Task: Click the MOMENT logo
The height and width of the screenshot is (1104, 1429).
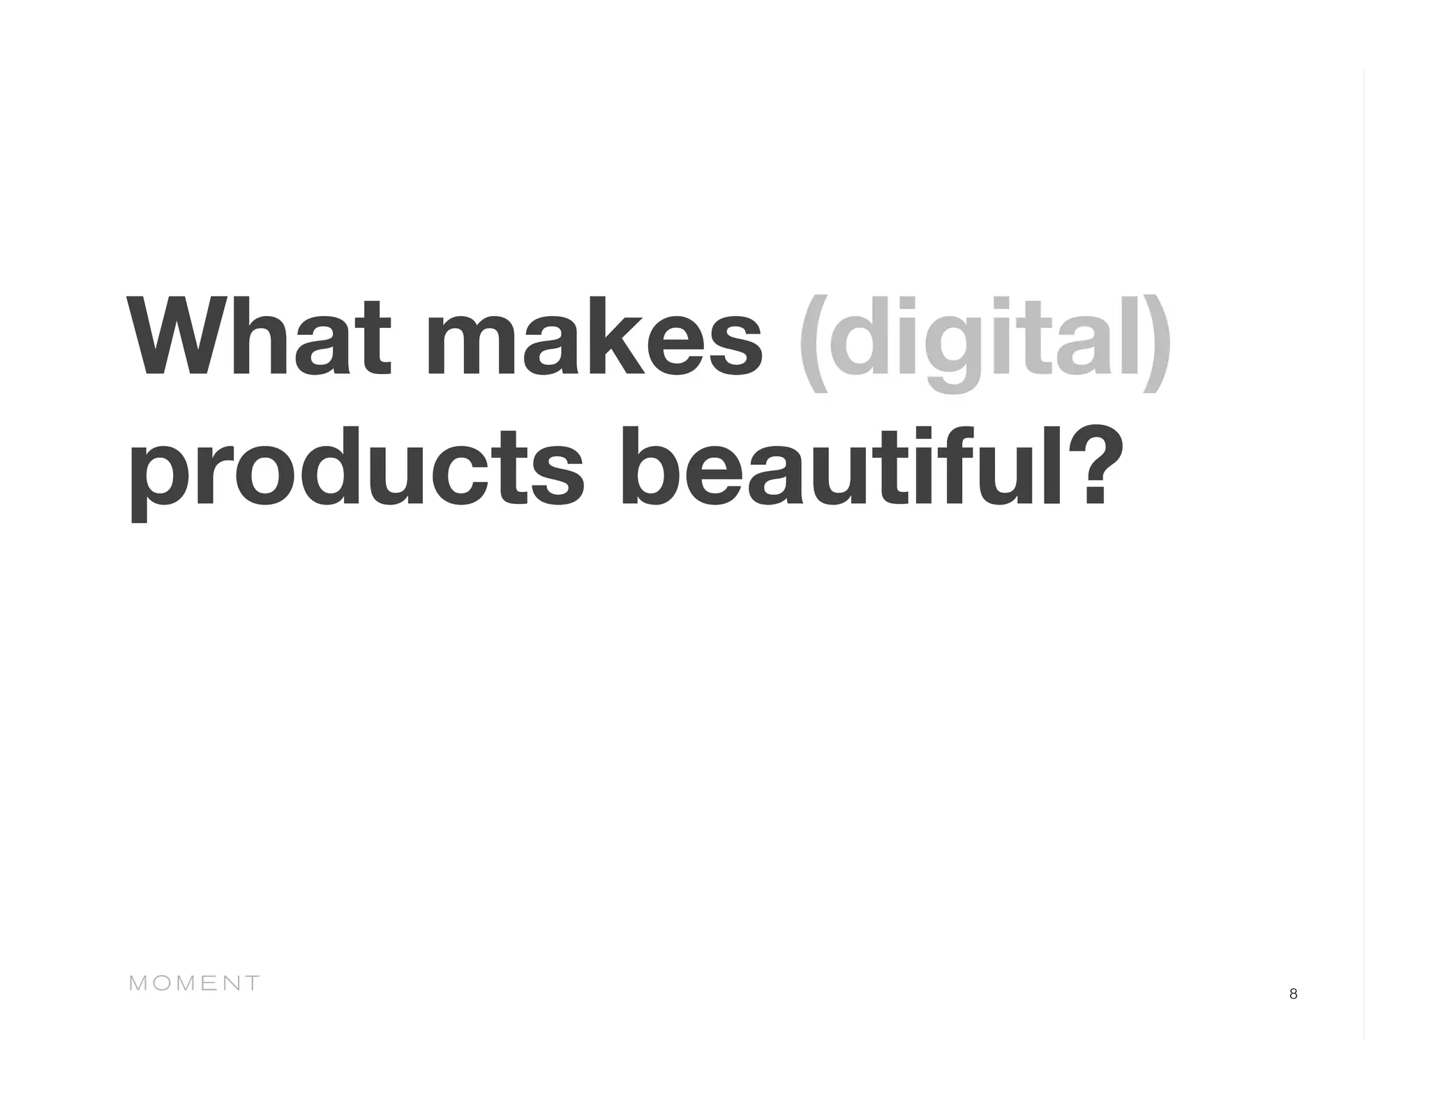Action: click(195, 983)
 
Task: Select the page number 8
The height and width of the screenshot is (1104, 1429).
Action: click(1293, 994)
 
